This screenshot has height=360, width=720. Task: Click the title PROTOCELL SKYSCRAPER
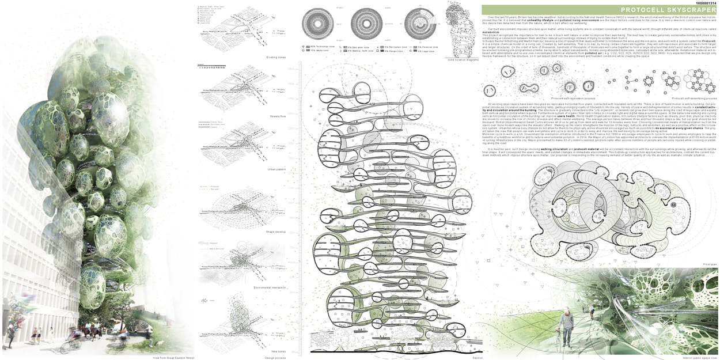coord(599,13)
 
